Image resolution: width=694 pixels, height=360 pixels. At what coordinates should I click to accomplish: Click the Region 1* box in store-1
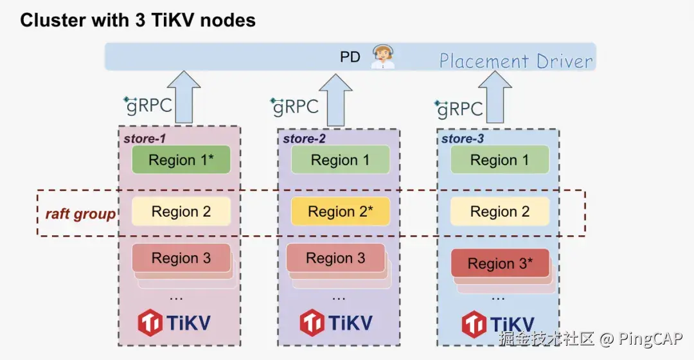pos(181,160)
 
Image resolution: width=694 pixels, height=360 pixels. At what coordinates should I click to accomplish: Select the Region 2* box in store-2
pos(340,212)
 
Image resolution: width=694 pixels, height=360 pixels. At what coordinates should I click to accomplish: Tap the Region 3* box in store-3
pos(500,263)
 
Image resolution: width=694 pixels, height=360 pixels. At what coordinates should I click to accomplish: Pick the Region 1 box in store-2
pos(340,160)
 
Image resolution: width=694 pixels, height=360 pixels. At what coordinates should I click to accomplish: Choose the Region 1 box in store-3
pos(499,160)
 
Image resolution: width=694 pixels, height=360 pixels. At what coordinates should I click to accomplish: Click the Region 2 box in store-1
pos(181,212)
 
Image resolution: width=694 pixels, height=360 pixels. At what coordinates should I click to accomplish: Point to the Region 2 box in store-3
pos(499,212)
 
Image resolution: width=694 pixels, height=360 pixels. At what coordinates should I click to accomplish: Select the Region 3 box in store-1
pos(181,258)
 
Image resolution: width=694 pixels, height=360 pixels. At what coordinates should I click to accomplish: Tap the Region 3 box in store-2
pos(335,258)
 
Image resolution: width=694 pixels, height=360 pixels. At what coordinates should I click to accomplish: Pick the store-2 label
pos(304,138)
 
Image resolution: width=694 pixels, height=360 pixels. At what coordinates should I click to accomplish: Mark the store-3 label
pos(463,138)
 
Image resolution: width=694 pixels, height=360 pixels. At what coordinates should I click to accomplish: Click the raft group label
pos(80,214)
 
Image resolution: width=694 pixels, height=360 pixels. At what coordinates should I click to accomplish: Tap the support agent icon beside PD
pos(383,57)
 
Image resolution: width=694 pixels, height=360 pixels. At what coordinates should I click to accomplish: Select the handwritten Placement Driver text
pos(516,62)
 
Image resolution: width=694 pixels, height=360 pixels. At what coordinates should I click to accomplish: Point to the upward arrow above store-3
pos(495,96)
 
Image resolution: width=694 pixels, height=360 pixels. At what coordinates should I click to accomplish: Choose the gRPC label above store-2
pos(295,107)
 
